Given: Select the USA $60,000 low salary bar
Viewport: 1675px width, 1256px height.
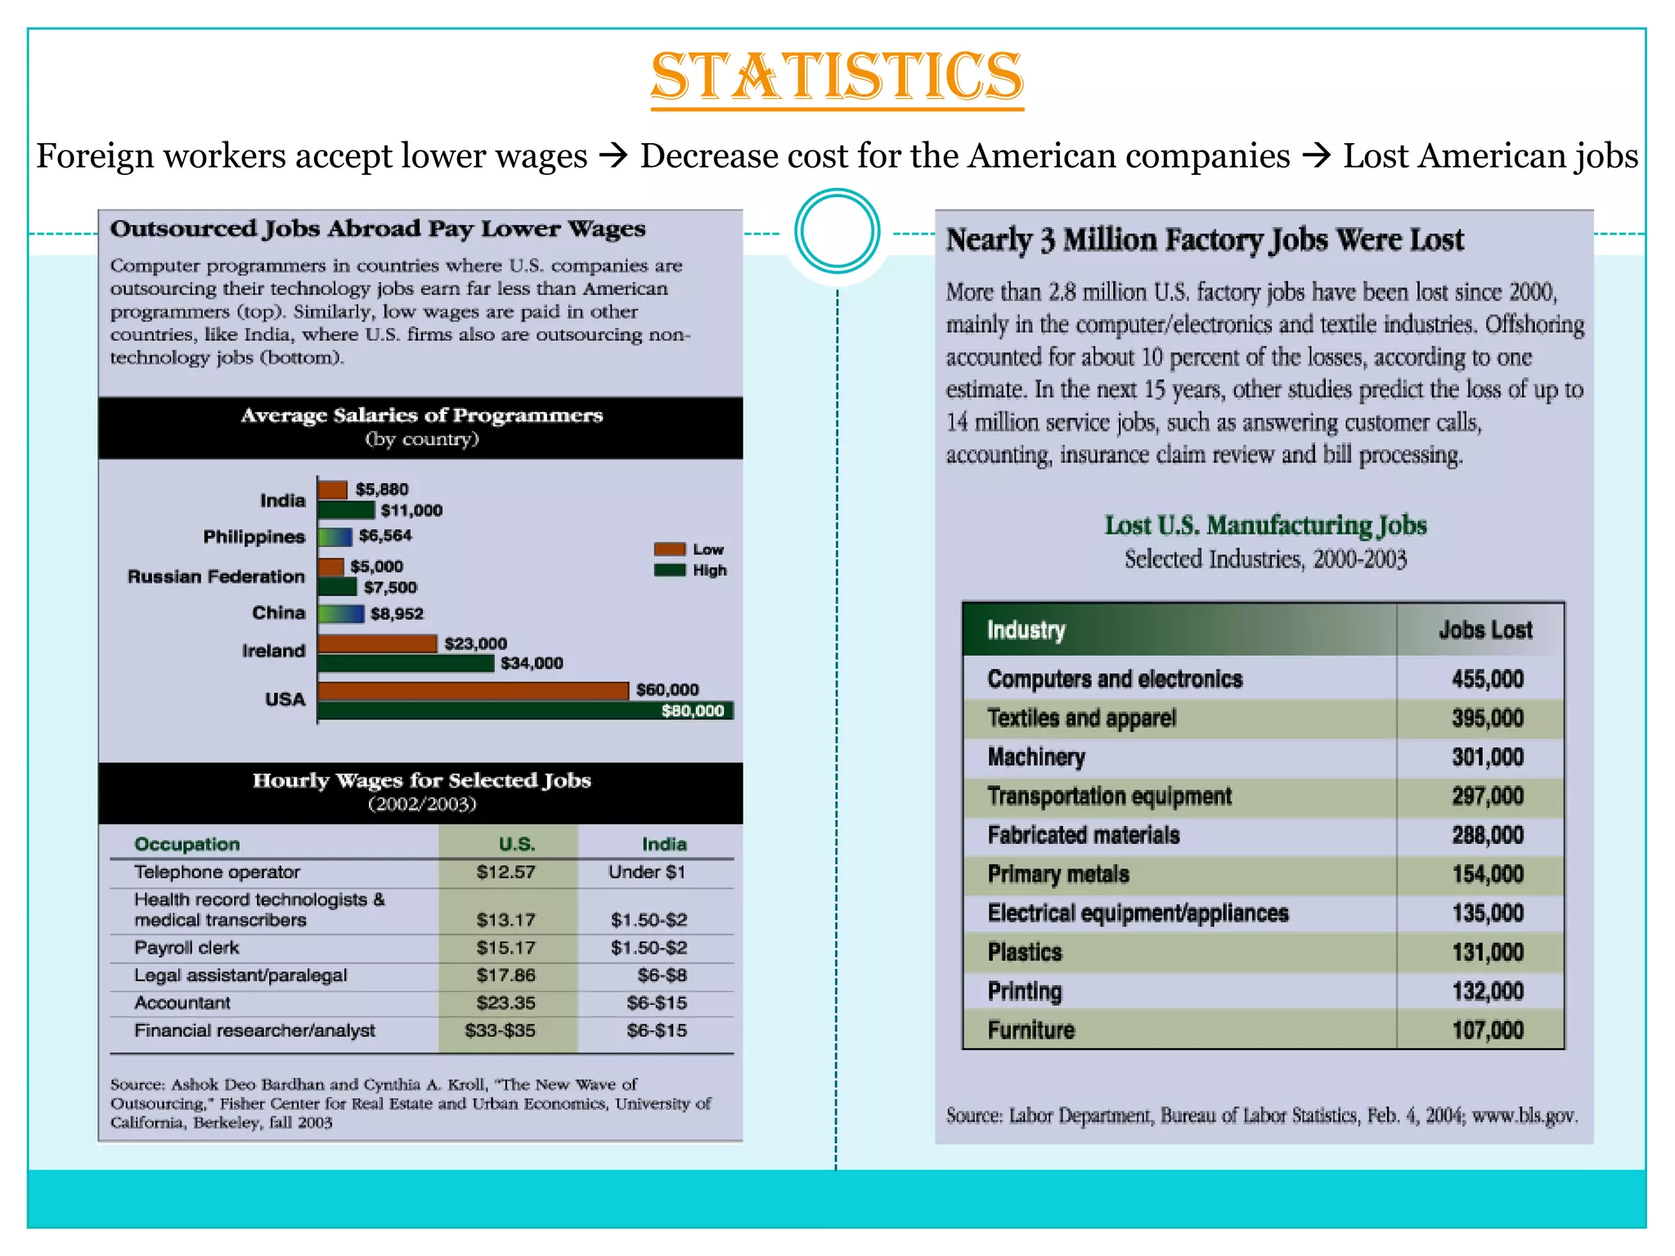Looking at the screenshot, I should (473, 691).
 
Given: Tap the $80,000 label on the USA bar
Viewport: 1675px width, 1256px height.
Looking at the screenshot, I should (692, 711).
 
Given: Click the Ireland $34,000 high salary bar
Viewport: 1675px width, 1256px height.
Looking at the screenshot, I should (406, 663).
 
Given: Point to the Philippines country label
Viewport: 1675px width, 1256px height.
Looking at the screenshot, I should (254, 537).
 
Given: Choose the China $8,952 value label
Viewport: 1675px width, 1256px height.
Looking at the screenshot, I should (397, 614).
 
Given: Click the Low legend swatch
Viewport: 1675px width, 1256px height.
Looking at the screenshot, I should (669, 549).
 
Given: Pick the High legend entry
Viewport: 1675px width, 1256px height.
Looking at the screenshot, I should (708, 570).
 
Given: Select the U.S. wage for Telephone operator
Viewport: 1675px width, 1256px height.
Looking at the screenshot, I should (505, 872).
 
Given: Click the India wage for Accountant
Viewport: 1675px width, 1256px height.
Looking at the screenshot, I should (656, 1003).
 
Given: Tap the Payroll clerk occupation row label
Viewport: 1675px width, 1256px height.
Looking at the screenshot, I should (186, 948).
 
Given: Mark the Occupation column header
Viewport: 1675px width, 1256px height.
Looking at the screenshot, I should (186, 844).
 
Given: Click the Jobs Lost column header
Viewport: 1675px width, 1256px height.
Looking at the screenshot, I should (1484, 630).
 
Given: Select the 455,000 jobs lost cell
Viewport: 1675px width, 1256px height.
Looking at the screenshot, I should (1487, 679).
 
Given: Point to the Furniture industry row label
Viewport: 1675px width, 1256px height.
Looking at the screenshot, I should (1031, 1030).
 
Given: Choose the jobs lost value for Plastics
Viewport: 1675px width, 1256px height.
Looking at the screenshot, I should (1487, 953).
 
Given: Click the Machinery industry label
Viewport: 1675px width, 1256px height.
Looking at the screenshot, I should (1035, 757).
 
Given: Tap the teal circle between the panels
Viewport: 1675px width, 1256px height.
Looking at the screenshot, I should (837, 231).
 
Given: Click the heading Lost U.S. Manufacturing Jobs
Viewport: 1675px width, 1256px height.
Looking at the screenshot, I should (1264, 525).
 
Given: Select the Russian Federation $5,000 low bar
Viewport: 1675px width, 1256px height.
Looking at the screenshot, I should (330, 567).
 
